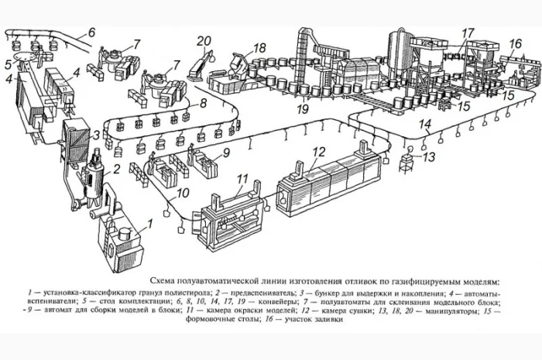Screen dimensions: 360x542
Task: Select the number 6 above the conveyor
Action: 91,33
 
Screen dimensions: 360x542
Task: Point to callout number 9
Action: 227,153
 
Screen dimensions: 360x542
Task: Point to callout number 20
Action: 204,41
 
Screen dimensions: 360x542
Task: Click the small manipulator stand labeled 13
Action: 406,162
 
